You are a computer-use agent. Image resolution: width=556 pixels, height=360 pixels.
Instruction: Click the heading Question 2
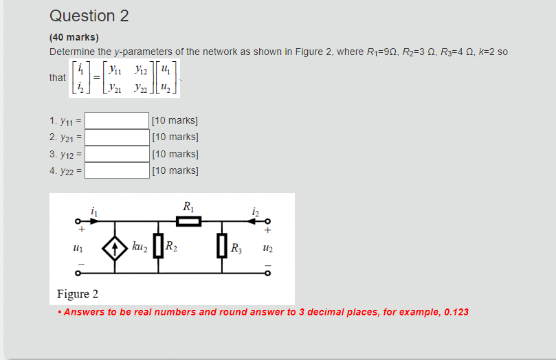pos(89,16)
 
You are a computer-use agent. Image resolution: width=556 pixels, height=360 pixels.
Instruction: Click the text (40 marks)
pos(74,37)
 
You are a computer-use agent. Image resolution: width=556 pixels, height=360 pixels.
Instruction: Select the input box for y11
pos(117,121)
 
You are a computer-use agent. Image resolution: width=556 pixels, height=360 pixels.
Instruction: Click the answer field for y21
pos(117,137)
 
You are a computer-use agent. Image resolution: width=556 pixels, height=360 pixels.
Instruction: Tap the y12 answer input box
pos(117,154)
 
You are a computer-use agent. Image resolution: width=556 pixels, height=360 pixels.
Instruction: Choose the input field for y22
pos(117,170)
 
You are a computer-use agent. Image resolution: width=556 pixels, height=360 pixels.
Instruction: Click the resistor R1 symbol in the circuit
pos(188,221)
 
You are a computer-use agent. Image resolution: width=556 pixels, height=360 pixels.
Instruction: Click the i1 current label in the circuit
pos(94,212)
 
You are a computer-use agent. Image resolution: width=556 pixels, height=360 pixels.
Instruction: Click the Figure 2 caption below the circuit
pos(78,294)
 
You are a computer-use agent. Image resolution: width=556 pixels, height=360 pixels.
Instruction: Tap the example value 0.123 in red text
pos(456,312)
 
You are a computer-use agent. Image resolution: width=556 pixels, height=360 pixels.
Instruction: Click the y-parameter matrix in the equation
pos(134,77)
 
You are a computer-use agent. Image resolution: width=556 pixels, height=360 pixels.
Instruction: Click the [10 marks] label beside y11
pos(175,121)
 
